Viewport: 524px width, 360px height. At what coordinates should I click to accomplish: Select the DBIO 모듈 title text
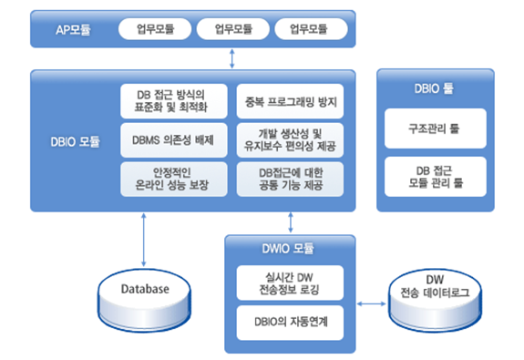point(77,141)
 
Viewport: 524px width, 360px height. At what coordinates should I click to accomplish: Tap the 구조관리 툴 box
point(435,129)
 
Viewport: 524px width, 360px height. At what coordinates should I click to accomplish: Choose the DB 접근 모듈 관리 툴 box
point(435,176)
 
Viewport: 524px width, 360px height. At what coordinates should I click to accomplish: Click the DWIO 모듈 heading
point(290,247)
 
